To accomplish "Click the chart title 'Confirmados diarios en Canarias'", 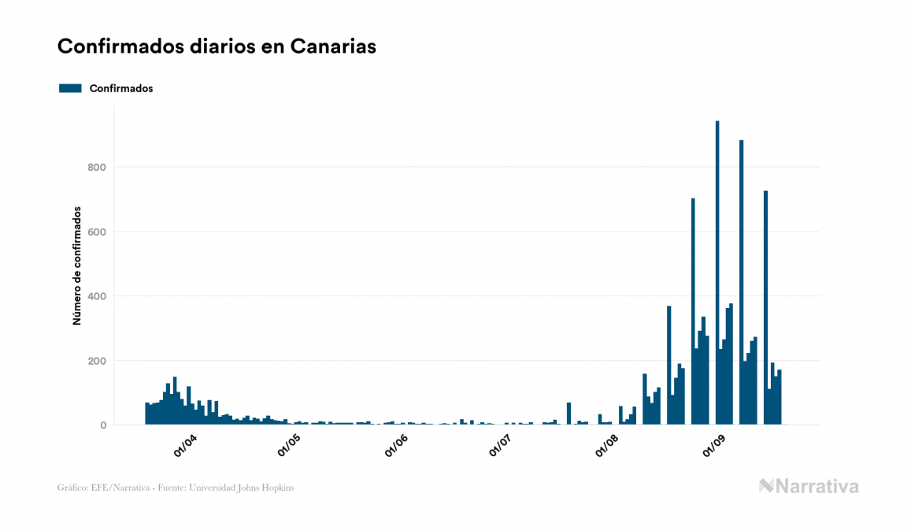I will point(217,46).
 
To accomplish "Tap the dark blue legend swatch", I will point(70,88).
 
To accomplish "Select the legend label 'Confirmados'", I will point(121,88).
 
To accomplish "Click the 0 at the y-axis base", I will point(102,425).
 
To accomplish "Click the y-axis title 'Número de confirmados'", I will point(77,265).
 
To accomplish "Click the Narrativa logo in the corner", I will point(809,486).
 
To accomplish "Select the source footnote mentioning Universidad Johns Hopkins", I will point(176,488).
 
